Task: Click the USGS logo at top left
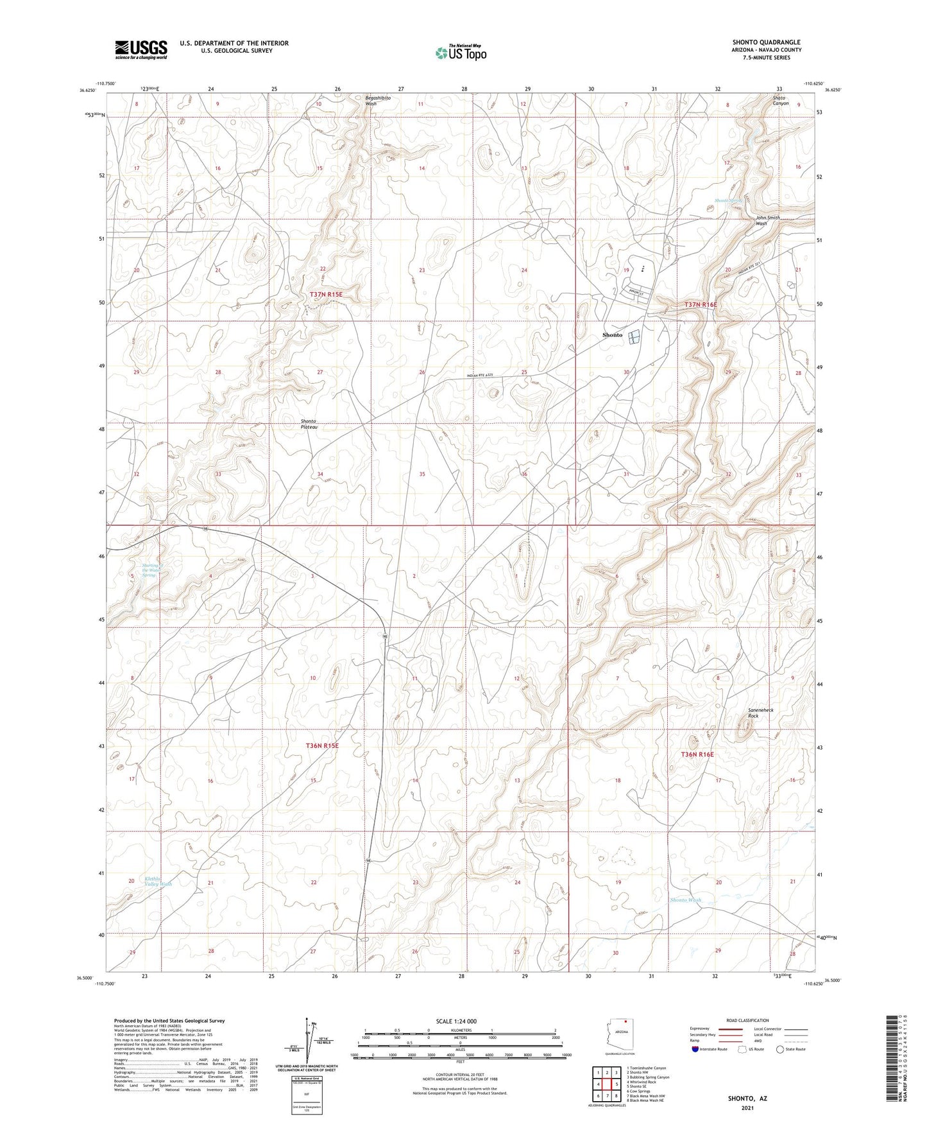(141, 49)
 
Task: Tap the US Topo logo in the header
(461, 53)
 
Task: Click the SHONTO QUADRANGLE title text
(766, 42)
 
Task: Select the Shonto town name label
(612, 335)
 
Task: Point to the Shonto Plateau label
(310, 424)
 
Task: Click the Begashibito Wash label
(378, 101)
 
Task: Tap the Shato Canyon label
(780, 101)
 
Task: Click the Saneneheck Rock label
(761, 713)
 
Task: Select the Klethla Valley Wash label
(157, 881)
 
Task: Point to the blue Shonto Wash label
(685, 900)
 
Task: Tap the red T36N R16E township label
(697, 754)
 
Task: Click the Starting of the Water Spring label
(149, 570)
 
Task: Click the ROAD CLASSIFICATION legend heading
(747, 1020)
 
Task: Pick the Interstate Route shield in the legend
(696, 1049)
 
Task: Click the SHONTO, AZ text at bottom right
(747, 1099)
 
